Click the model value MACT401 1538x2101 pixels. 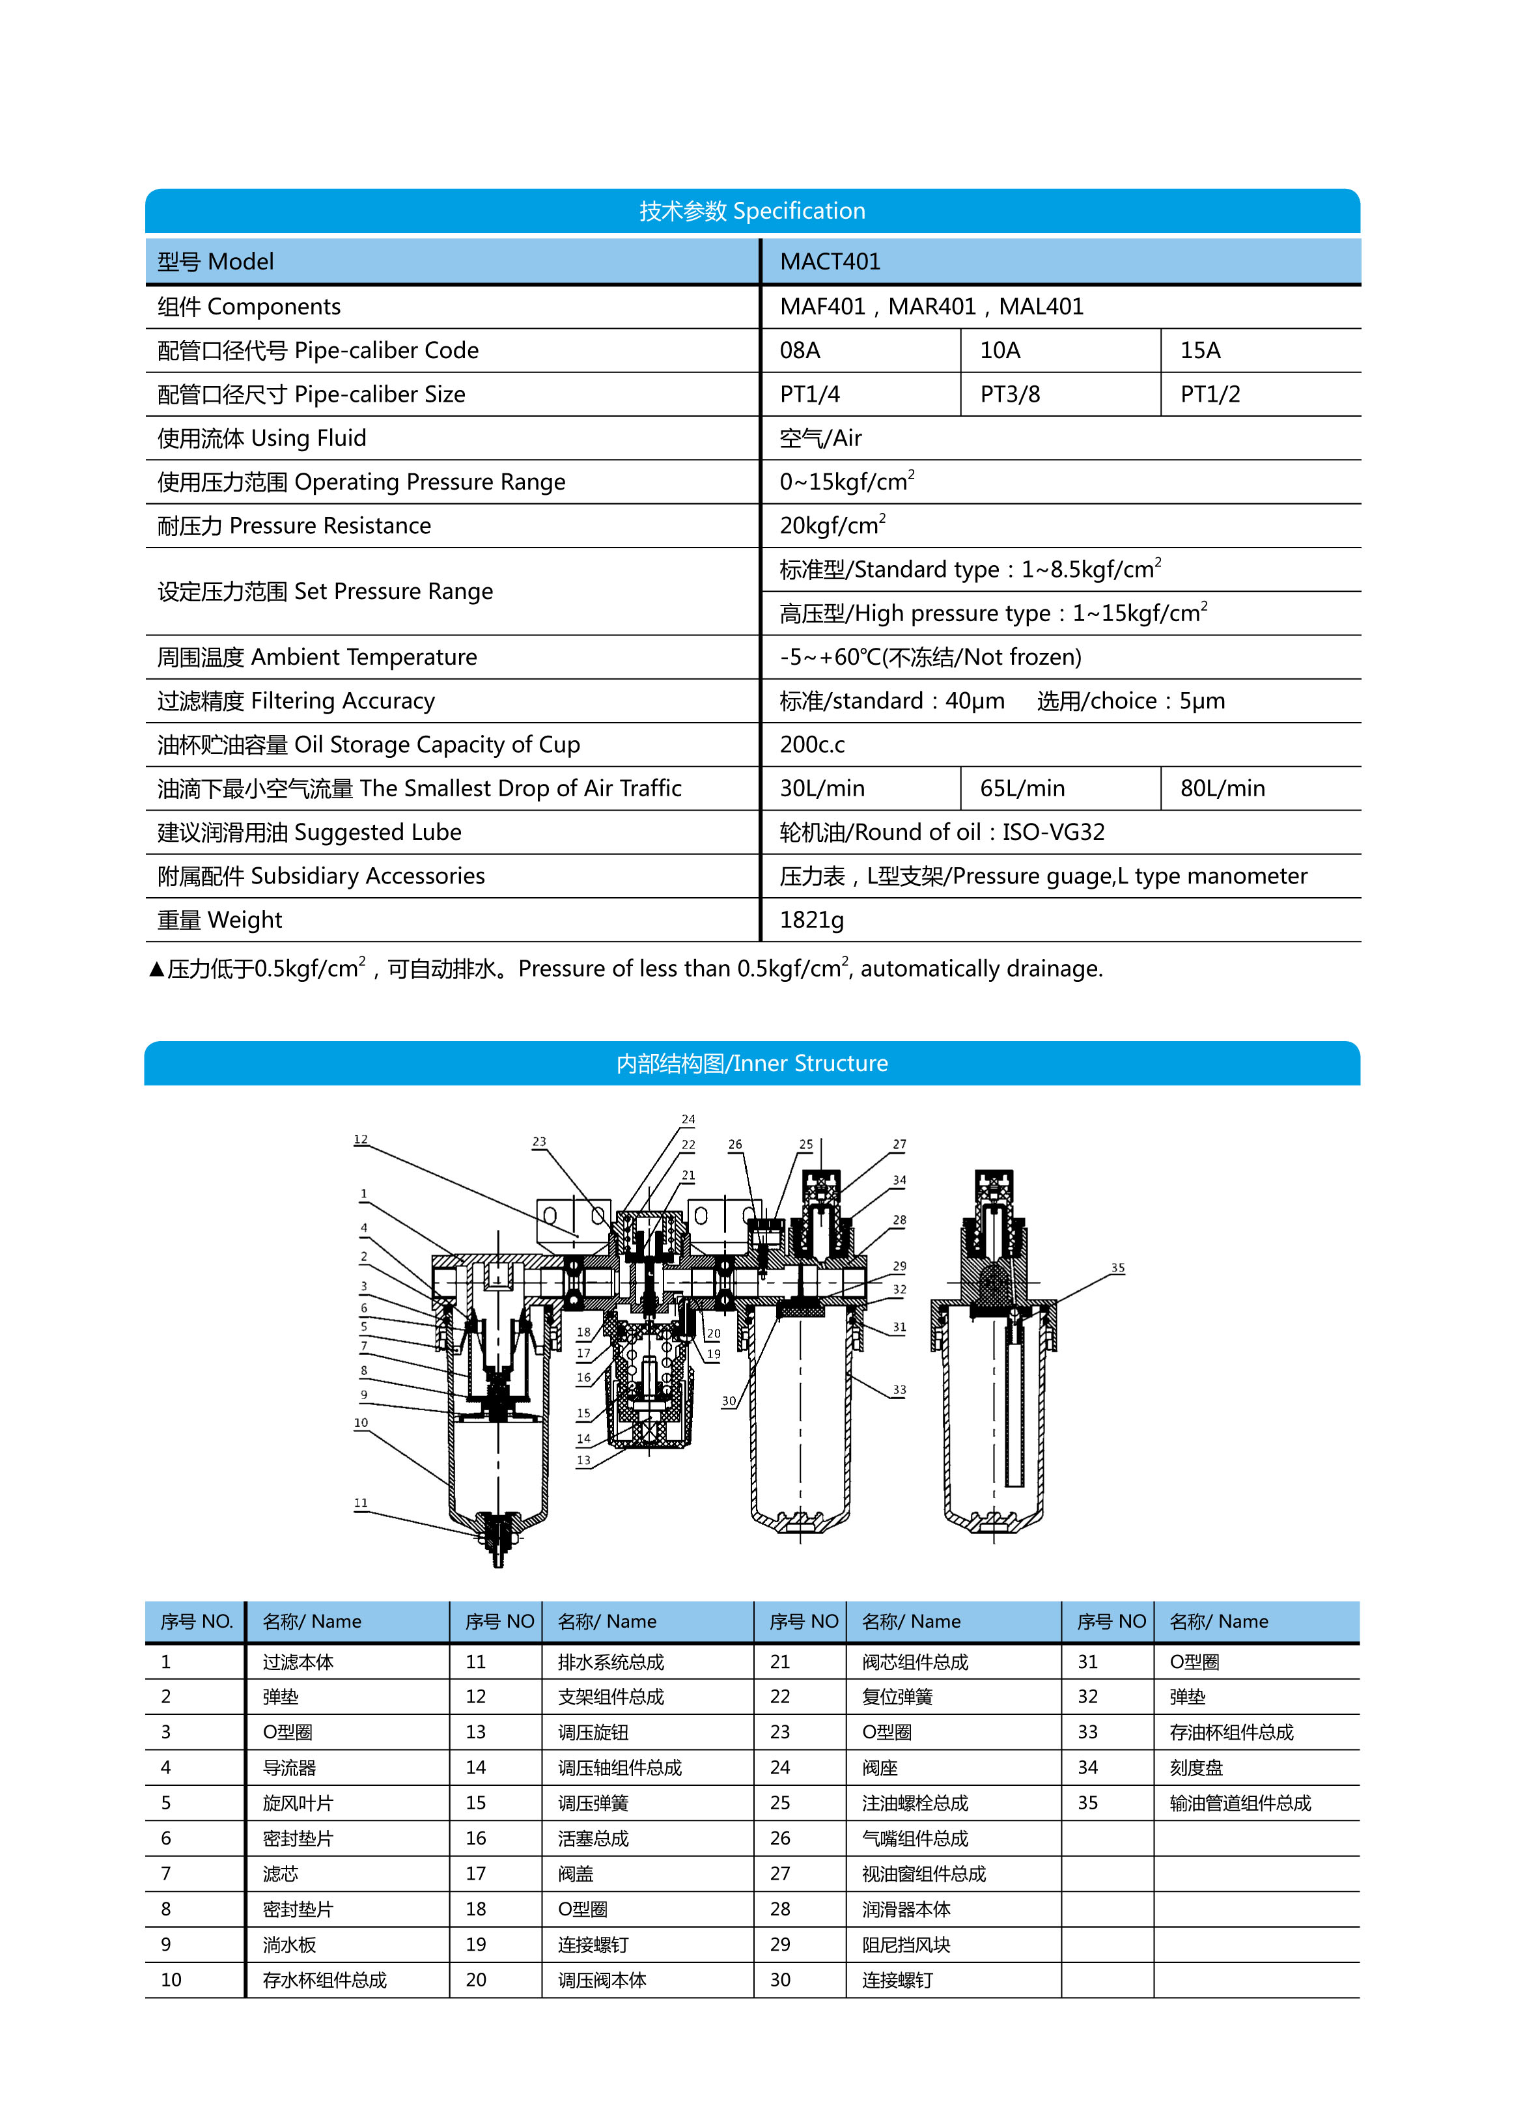click(x=830, y=262)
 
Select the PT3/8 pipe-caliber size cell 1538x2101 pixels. click(x=1009, y=395)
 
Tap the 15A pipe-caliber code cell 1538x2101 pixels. click(x=1199, y=351)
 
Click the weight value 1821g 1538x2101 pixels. click(x=811, y=920)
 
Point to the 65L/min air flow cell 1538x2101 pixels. click(x=1021, y=788)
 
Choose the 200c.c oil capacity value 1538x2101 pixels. click(x=812, y=745)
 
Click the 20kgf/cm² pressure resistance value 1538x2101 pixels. click(x=832, y=526)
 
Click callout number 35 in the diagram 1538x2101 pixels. click(x=1117, y=1268)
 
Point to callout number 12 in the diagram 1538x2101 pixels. click(x=360, y=1139)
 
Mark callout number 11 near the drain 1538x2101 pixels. click(x=360, y=1503)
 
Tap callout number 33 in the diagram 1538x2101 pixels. click(x=899, y=1390)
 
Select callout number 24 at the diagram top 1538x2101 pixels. click(x=688, y=1119)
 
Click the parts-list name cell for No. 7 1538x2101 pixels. click(x=280, y=1874)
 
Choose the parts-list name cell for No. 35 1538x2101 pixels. click(x=1239, y=1803)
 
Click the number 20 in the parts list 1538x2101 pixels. click(x=476, y=1980)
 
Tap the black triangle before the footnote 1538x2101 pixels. click(x=156, y=970)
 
